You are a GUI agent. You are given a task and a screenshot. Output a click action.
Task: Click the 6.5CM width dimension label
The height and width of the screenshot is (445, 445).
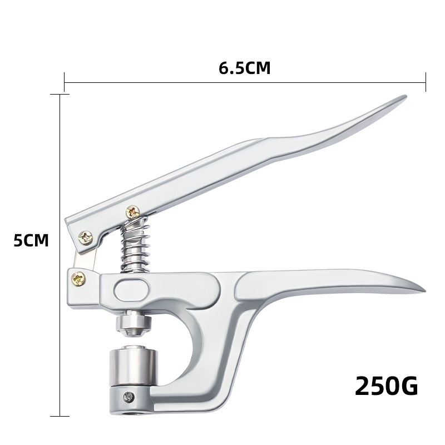tap(244, 68)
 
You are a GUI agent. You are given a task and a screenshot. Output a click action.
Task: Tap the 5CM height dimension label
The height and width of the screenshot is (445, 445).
tap(31, 240)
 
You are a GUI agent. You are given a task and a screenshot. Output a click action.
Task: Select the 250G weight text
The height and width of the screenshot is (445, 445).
tap(386, 385)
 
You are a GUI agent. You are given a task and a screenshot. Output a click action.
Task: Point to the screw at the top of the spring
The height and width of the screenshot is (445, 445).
tap(132, 212)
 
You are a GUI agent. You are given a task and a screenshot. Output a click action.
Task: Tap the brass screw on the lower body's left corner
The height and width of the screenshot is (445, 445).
tap(78, 279)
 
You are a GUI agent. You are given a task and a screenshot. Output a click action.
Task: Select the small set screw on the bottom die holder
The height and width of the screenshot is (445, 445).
tap(130, 397)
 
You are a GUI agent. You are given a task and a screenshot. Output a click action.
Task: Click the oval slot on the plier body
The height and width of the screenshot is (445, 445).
tap(131, 290)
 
